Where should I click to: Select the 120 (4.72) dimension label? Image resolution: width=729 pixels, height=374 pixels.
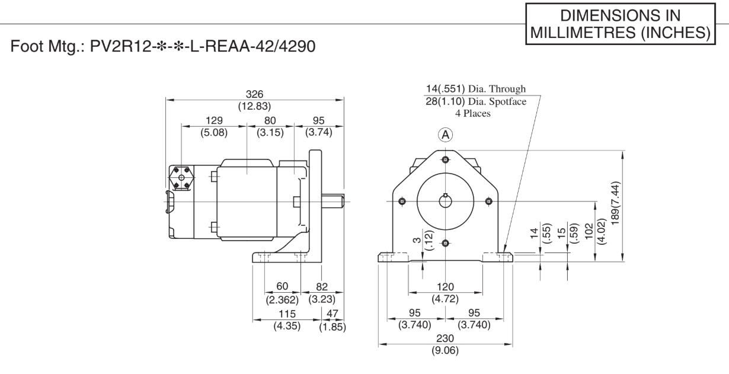[445, 293]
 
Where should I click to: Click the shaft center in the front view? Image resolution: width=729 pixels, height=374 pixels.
[445, 202]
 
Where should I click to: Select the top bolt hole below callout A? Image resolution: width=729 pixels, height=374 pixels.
[445, 159]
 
